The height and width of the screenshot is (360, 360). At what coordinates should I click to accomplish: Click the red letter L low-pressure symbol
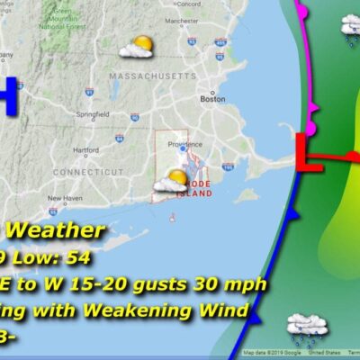point(310,154)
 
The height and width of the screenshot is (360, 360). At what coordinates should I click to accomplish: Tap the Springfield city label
point(94,116)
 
